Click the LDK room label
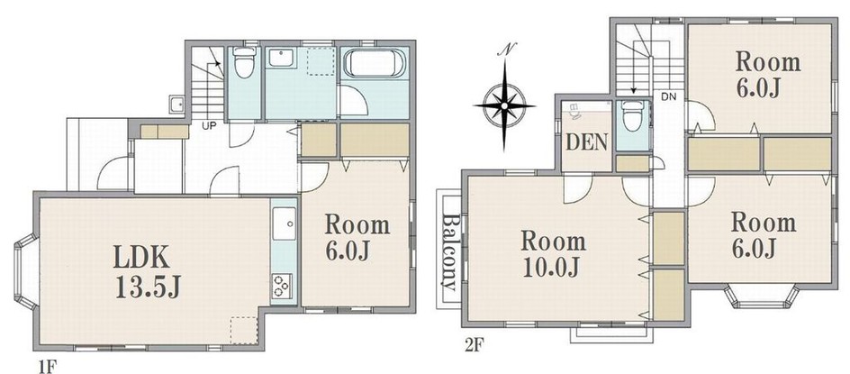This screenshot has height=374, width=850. (x=141, y=260)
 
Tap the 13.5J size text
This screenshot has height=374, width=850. (x=147, y=287)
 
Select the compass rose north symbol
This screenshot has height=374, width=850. (x=504, y=103)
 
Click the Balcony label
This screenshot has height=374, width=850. (x=450, y=251)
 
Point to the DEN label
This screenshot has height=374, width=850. (x=586, y=142)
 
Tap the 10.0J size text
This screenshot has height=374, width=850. (x=553, y=268)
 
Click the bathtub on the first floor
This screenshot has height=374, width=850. (x=375, y=63)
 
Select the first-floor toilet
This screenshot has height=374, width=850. (x=245, y=61)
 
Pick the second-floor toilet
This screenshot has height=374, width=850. (x=631, y=115)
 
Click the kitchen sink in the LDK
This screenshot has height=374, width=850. (x=284, y=223)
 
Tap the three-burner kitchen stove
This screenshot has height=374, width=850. (x=282, y=286)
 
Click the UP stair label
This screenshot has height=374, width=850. (x=208, y=126)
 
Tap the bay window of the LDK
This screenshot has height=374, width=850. (x=27, y=271)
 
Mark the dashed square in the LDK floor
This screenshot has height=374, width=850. (x=243, y=331)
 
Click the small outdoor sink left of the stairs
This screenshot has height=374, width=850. (x=176, y=104)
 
